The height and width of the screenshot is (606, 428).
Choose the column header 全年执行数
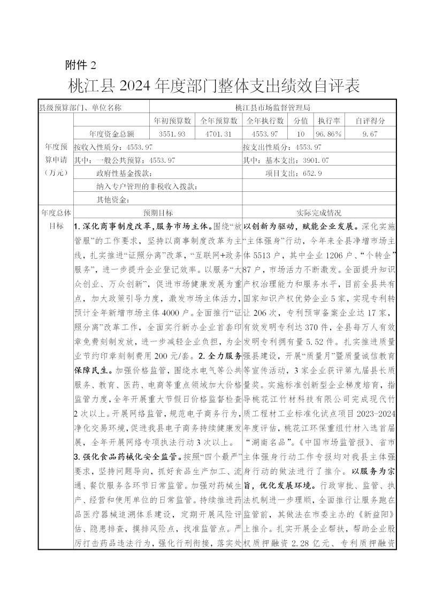click(x=265, y=121)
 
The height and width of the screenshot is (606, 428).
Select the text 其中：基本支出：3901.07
click(x=286, y=160)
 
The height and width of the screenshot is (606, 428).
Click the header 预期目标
click(x=158, y=213)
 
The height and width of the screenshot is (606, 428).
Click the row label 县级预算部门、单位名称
click(x=80, y=107)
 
